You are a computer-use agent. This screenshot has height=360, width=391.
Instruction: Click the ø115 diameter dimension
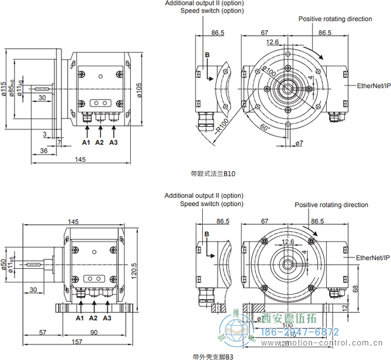tap(4, 89)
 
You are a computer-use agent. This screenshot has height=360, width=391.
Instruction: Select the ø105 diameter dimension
tap(139, 89)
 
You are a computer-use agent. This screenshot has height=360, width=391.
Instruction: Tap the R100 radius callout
tap(221, 129)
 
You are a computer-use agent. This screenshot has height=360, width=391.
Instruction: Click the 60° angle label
tap(265, 128)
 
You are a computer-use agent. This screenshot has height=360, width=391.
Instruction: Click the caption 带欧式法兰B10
tap(213, 174)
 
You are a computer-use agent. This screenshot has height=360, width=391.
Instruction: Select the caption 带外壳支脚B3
tap(212, 356)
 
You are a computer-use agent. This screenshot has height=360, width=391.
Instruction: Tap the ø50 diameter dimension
tap(4, 263)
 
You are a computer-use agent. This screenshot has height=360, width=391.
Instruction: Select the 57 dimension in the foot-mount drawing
tap(42, 333)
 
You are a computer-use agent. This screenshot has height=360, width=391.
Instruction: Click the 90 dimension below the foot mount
tap(94, 333)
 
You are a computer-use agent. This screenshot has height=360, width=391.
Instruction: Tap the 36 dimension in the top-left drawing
tap(44, 151)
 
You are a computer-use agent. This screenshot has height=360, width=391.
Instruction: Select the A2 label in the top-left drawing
tap(99, 143)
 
